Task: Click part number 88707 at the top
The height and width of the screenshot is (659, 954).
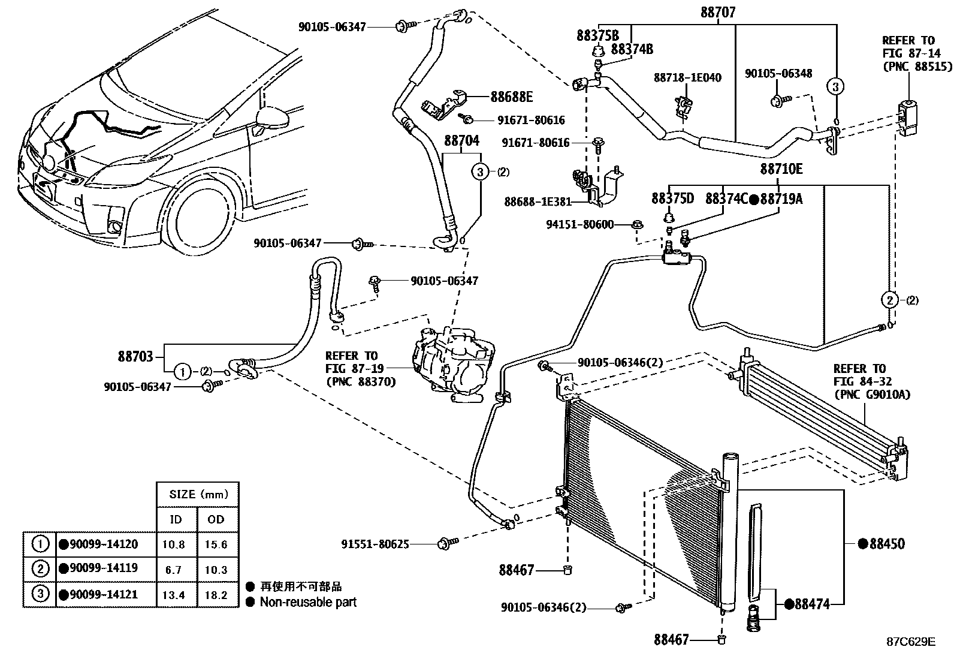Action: click(x=718, y=12)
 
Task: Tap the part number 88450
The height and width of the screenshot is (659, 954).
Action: click(x=882, y=544)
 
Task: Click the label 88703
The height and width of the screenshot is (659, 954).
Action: click(x=135, y=356)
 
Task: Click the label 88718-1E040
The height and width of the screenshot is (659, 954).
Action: click(x=687, y=78)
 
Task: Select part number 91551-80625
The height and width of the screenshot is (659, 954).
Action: click(x=375, y=544)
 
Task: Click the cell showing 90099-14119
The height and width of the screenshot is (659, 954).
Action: click(x=99, y=570)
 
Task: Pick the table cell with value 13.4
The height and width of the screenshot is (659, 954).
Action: click(x=174, y=595)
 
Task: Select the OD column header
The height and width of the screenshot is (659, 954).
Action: click(x=215, y=519)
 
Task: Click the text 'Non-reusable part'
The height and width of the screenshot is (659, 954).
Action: click(x=308, y=602)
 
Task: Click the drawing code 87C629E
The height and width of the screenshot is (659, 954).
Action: click(x=911, y=642)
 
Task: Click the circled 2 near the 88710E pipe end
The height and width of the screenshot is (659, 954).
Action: click(x=890, y=299)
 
